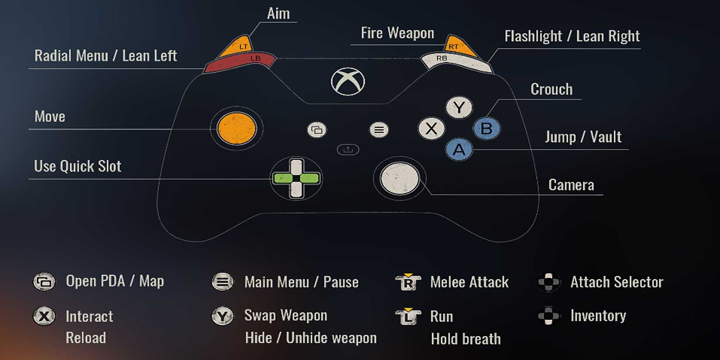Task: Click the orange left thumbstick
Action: point(237,128)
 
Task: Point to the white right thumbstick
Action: point(399,178)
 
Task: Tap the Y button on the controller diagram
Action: point(459,107)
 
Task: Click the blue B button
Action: point(486,129)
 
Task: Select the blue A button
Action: point(459,150)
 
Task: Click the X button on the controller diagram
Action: point(431,129)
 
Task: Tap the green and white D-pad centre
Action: point(296,178)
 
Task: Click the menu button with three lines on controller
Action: point(379,130)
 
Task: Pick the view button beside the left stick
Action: point(317,130)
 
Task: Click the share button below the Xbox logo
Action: point(348,150)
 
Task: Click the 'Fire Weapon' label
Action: point(397,34)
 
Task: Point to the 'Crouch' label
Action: point(551,89)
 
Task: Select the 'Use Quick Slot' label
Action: point(78,166)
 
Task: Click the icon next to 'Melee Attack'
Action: point(408,282)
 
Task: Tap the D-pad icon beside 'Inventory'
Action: point(549,315)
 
